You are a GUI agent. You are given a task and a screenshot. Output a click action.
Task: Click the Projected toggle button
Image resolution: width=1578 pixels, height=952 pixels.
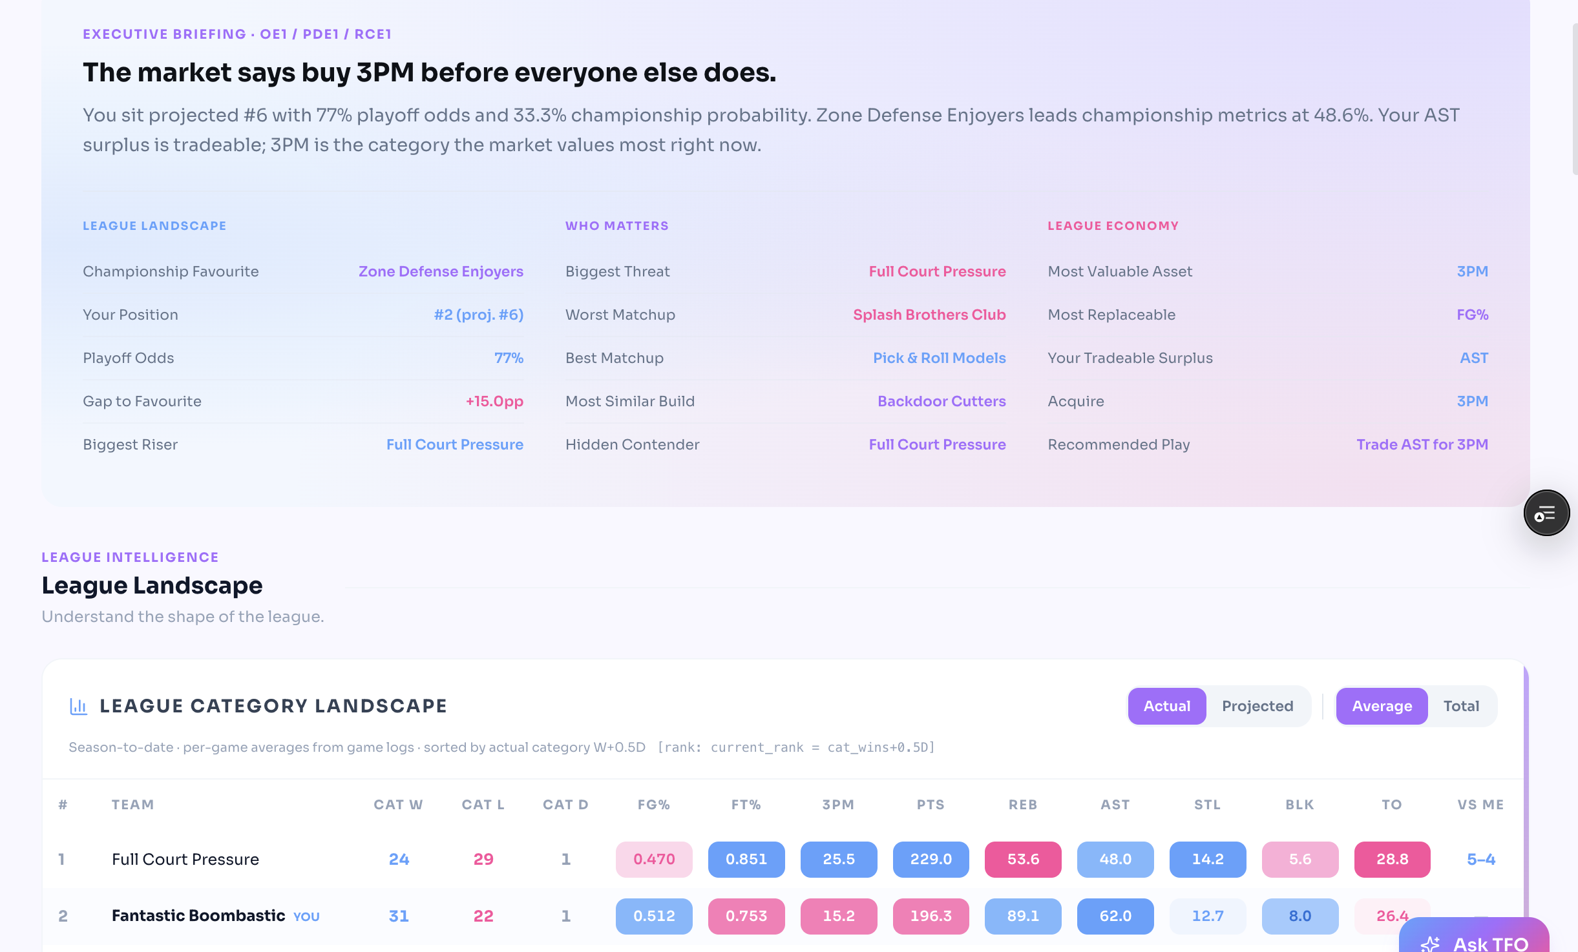(1257, 706)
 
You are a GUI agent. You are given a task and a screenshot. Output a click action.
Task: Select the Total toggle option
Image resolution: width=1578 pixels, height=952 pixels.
(1461, 706)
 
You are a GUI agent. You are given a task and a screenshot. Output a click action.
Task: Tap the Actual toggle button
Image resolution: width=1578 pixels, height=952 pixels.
(1167, 706)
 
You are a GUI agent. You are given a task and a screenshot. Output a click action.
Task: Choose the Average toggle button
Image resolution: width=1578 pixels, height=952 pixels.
(1382, 706)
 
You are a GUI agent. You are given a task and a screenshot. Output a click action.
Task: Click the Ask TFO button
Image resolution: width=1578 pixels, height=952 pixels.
(1475, 938)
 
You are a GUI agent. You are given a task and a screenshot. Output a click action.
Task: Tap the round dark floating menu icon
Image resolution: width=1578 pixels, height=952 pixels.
(1546, 513)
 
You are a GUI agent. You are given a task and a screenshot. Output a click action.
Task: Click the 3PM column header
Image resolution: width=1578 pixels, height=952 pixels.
(838, 805)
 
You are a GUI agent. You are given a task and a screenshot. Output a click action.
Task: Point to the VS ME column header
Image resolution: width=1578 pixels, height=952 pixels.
(1480, 805)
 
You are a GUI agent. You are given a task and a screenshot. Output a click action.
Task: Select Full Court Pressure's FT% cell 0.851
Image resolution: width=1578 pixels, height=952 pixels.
(746, 859)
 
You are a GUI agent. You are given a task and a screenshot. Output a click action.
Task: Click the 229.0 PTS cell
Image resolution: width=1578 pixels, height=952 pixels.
(931, 859)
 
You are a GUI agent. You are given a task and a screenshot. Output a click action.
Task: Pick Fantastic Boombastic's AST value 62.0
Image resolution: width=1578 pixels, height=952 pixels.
(1115, 916)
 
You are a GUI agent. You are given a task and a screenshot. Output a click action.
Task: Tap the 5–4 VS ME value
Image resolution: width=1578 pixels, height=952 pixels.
(1481, 859)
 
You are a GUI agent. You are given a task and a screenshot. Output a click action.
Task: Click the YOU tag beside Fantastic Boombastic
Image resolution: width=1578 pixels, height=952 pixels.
(306, 916)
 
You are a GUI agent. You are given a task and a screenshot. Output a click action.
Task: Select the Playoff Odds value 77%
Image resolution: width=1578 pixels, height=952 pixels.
(509, 358)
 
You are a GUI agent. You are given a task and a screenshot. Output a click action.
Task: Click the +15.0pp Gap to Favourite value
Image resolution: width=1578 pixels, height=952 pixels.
(494, 401)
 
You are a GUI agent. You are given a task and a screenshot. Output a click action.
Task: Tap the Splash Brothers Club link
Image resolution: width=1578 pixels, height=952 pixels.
(929, 315)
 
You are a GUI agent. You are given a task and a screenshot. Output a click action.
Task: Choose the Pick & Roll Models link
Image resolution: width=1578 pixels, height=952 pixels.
(940, 358)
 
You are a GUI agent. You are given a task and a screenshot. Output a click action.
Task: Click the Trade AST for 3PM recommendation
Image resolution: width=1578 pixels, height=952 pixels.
(1422, 444)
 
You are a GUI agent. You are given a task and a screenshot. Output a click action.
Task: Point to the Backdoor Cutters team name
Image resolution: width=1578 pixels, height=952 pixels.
(942, 401)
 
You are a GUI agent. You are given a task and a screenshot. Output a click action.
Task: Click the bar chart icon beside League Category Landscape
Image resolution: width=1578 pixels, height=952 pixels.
(78, 707)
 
